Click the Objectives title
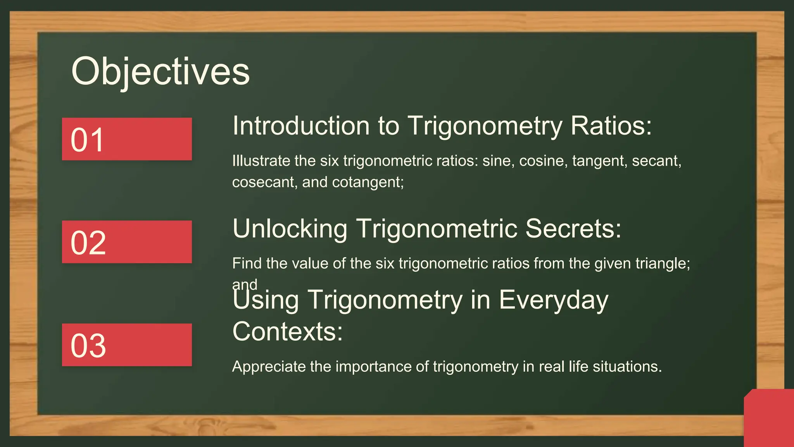point(160,72)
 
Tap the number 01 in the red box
point(87,140)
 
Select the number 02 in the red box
point(88,243)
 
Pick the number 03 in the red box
point(88,345)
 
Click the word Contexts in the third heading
point(287,332)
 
